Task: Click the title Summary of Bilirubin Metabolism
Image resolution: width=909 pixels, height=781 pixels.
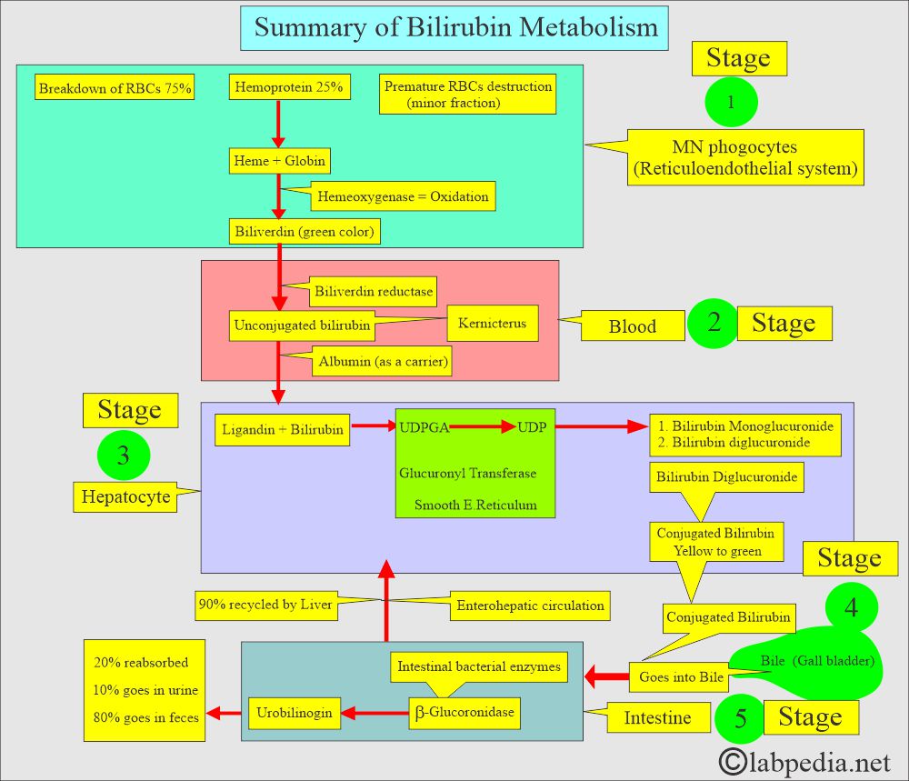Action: click(455, 27)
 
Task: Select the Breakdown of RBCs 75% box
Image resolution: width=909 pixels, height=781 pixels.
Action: click(115, 88)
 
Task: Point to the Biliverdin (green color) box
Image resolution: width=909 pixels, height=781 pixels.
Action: click(304, 232)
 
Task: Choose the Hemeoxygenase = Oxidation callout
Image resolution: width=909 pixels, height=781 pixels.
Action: click(403, 196)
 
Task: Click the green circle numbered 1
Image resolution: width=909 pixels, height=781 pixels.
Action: click(731, 103)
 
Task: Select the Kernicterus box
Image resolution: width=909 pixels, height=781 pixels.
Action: click(492, 324)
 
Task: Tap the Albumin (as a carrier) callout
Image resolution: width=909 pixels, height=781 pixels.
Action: click(383, 362)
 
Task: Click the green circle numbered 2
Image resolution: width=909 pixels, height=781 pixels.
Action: click(714, 324)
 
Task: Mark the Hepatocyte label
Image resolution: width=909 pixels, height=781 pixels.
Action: click(125, 496)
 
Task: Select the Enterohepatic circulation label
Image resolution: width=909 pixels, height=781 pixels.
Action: click(530, 605)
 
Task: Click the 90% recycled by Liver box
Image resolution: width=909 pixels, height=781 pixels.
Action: click(265, 605)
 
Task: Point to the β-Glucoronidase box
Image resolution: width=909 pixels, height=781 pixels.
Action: click(465, 713)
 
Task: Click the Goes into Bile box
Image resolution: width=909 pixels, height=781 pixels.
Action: click(681, 676)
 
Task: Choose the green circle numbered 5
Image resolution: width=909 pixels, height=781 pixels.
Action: click(741, 719)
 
